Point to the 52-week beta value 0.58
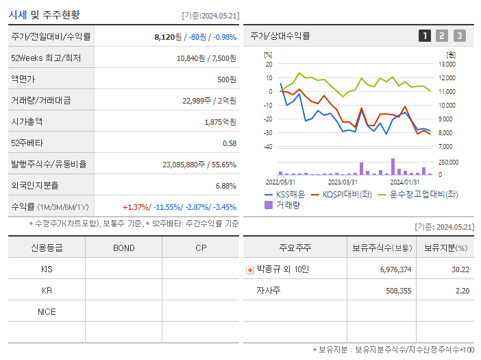(230, 143)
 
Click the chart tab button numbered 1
(425, 36)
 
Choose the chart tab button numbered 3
(459, 36)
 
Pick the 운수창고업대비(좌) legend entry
(419, 194)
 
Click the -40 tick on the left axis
(269, 147)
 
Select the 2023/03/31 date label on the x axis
(343, 182)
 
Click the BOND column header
(123, 248)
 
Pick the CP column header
(201, 248)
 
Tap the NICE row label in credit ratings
(47, 311)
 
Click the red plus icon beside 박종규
(249, 269)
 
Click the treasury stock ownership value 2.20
(461, 291)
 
